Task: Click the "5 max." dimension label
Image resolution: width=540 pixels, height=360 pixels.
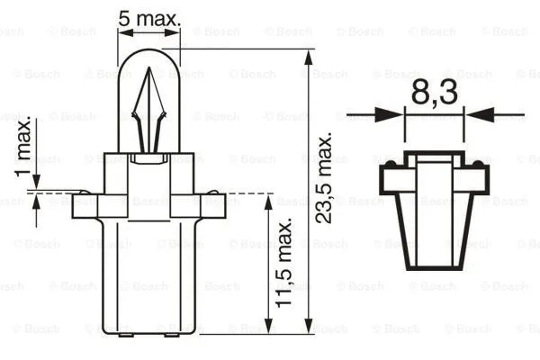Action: pyautogui.click(x=149, y=15)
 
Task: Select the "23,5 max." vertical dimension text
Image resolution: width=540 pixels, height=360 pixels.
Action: pyautogui.click(x=325, y=190)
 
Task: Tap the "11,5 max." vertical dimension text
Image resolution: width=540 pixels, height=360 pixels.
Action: pyautogui.click(x=285, y=263)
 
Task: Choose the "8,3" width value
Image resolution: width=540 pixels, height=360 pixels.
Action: pyautogui.click(x=435, y=93)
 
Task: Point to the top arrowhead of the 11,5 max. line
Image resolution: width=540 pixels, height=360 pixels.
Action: pyautogui.click(x=269, y=200)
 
